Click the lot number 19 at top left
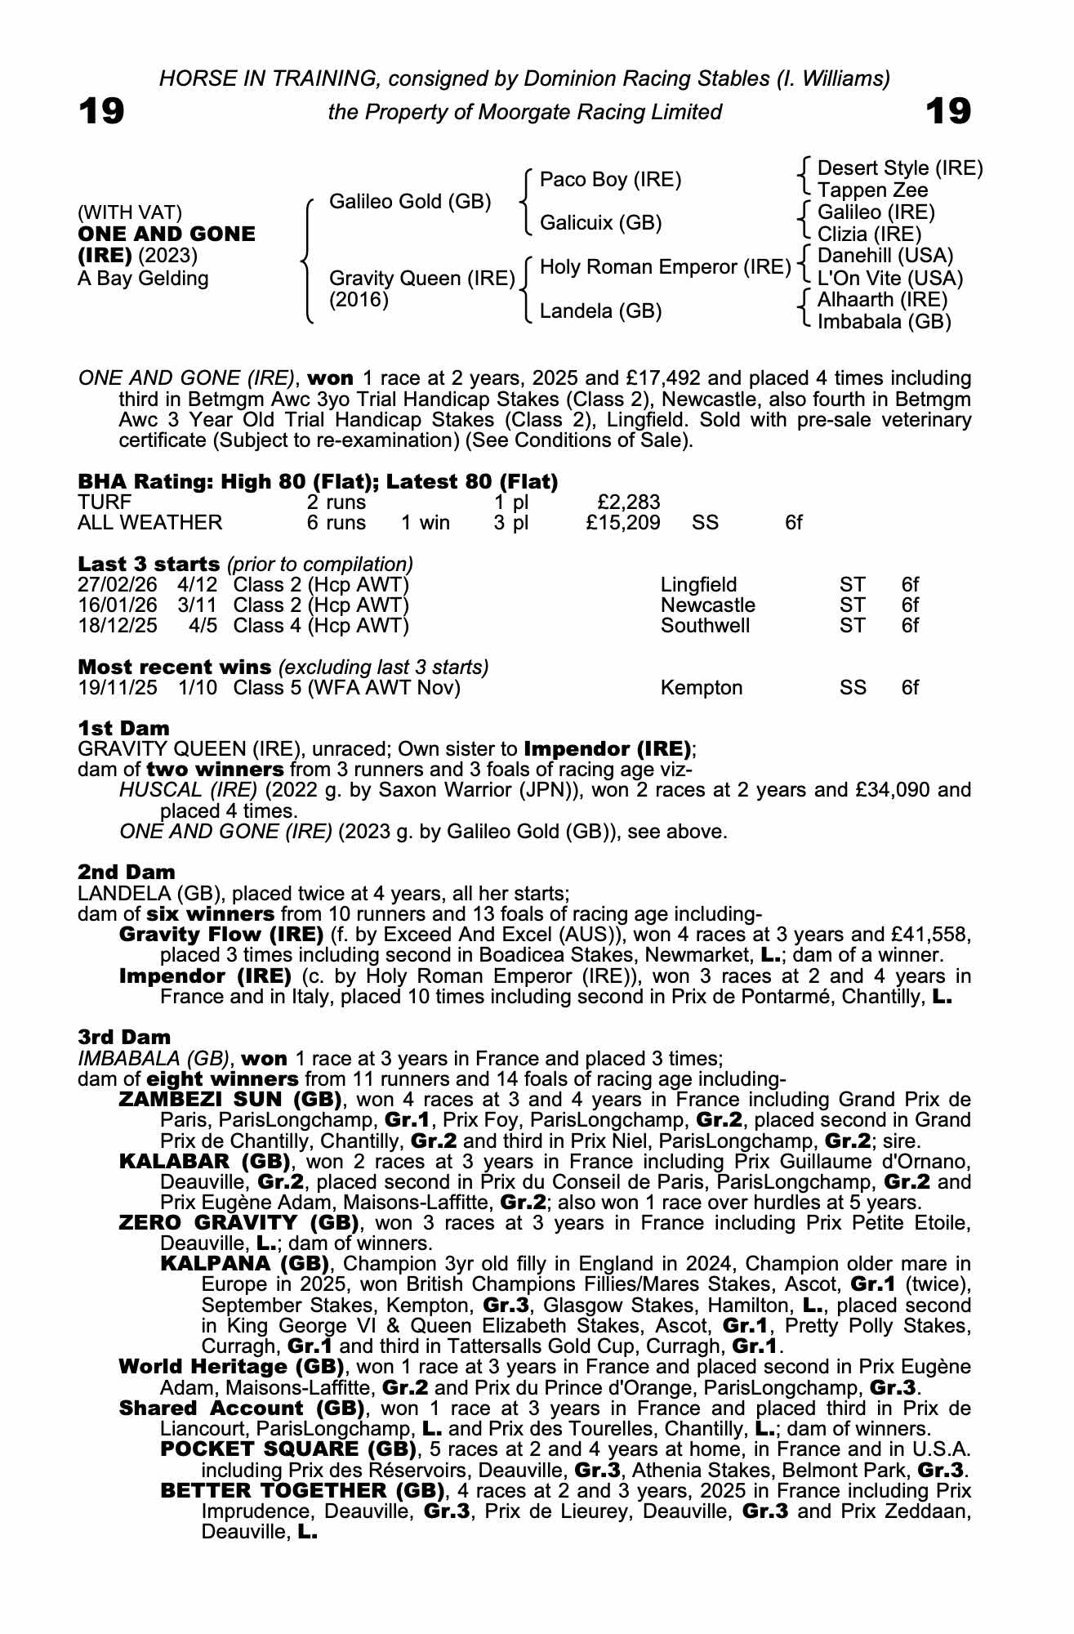[101, 110]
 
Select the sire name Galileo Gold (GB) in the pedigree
[410, 201]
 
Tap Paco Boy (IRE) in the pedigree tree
[610, 180]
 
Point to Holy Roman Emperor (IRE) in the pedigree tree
[666, 267]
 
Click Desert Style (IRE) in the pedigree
[900, 168]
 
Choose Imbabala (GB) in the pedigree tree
[884, 322]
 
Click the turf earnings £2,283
[629, 502]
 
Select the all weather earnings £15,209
[622, 522]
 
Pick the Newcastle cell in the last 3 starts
[707, 605]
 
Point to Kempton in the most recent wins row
[701, 688]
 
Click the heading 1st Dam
[124, 728]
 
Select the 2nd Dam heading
[127, 872]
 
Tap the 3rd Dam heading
[125, 1037]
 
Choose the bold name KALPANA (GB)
[244, 1264]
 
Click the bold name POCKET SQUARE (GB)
[284, 1449]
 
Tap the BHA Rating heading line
[318, 481]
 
